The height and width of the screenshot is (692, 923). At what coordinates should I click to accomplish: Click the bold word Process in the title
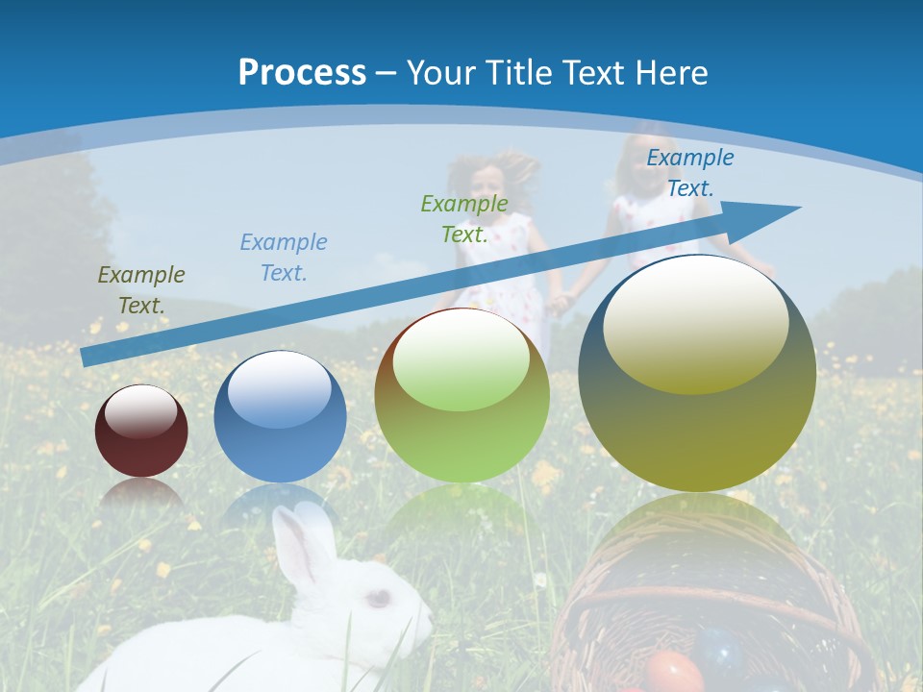coord(302,73)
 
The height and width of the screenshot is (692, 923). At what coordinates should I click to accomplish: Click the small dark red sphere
coord(141,432)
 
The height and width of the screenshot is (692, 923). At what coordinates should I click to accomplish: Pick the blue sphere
coord(280,417)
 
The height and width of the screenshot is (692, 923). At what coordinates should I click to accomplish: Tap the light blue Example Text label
coord(284,258)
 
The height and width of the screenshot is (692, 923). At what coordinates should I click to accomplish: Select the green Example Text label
coord(464,218)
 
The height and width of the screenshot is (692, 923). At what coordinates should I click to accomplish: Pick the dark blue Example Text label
coord(690,173)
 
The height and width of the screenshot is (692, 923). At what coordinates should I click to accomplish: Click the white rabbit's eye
coord(378,598)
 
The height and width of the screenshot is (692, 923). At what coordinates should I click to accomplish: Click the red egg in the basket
coord(673,672)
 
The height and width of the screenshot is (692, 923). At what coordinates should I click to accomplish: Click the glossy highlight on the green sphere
coord(461,361)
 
